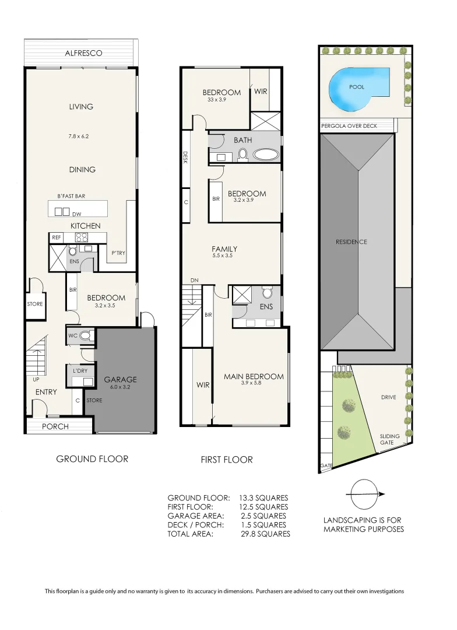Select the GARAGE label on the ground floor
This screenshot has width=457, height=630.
click(x=120, y=380)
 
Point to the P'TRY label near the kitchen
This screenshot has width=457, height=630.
click(x=118, y=253)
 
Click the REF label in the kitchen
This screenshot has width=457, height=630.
click(x=57, y=237)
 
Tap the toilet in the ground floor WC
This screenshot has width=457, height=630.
click(x=85, y=335)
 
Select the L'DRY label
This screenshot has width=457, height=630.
click(x=80, y=372)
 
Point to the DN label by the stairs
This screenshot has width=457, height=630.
click(x=195, y=281)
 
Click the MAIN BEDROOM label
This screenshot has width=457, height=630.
click(x=254, y=376)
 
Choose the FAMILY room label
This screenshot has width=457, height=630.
click(x=224, y=249)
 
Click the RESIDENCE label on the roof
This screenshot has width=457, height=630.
click(x=351, y=242)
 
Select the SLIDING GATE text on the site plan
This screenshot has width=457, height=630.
click(x=389, y=439)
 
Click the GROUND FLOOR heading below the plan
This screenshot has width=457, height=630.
click(x=92, y=459)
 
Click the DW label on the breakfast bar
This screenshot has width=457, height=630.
click(x=76, y=214)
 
